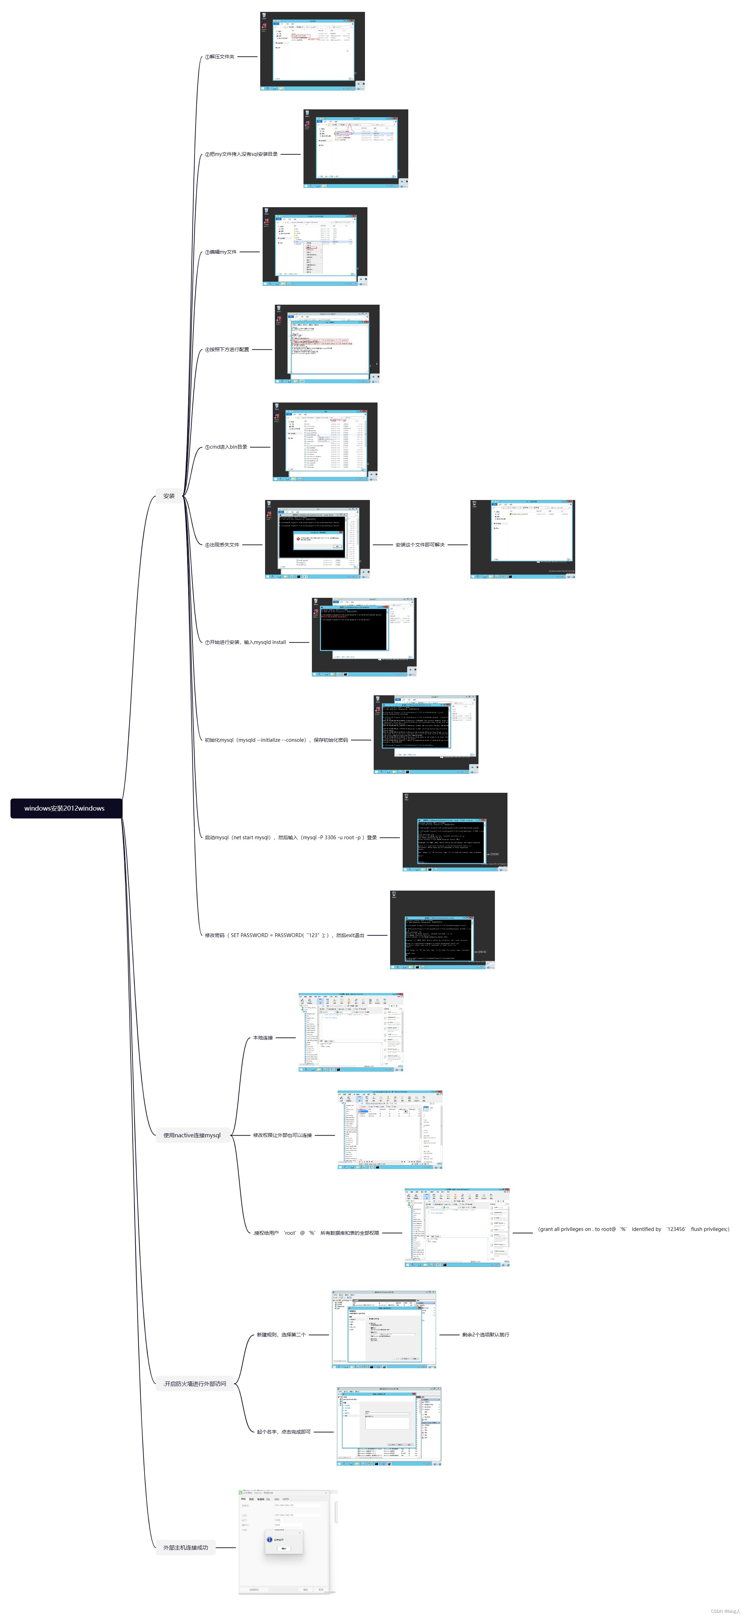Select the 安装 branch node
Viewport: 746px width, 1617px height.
point(169,496)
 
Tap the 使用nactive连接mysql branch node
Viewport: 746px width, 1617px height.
point(192,1135)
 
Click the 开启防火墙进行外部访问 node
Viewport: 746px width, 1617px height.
point(195,1384)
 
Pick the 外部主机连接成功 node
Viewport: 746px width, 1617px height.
point(186,1547)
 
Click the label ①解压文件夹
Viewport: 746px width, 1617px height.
point(220,57)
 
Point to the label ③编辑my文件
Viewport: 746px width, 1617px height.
point(221,252)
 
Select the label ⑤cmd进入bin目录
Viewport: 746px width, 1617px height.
point(226,447)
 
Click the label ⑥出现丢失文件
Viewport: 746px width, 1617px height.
point(222,544)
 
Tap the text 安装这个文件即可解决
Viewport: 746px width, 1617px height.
point(420,544)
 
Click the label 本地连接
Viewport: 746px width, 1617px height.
point(263,1038)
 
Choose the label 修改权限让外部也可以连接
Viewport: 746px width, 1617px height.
point(282,1135)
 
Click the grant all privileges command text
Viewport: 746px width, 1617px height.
point(634,1229)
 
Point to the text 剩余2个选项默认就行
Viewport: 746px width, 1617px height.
point(485,1335)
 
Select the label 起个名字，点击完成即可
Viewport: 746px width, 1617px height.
point(284,1432)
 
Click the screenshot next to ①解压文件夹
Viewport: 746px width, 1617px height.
point(313,51)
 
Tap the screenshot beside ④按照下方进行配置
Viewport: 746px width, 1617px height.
point(327,344)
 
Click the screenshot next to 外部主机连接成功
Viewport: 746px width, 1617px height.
point(287,1541)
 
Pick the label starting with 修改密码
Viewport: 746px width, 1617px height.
point(284,935)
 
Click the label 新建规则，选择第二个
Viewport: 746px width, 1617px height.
point(281,1335)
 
